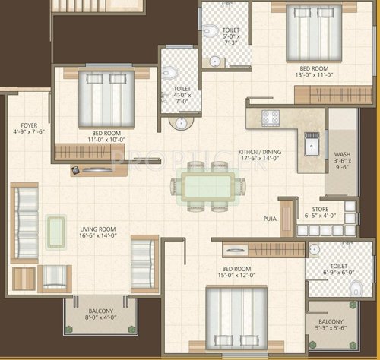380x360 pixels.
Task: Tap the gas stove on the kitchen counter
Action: tap(271, 117)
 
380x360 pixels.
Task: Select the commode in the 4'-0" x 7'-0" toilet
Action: tap(169, 74)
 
